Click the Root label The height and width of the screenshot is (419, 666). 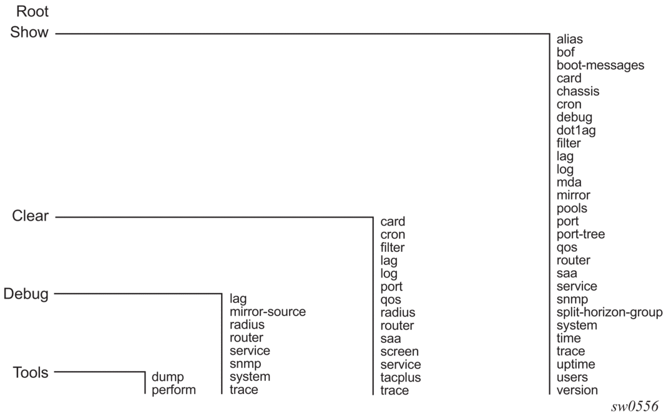pyautogui.click(x=32, y=11)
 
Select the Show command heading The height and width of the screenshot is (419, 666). pyautogui.click(x=29, y=32)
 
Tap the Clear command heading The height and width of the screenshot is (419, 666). pyautogui.click(x=30, y=216)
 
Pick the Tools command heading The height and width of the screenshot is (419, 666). pyautogui.click(x=31, y=372)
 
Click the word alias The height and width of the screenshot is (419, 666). pyautogui.click(x=570, y=39)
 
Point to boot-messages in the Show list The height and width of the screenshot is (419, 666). pyautogui.click(x=600, y=65)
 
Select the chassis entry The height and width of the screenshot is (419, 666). pyautogui.click(x=577, y=91)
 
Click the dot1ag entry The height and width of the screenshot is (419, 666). pyautogui.click(x=576, y=130)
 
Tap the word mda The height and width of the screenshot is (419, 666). pyautogui.click(x=569, y=182)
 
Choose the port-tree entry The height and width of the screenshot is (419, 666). pyautogui.click(x=580, y=234)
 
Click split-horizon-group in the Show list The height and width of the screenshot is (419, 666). pyautogui.click(x=609, y=312)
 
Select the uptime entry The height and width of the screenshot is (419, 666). pyautogui.click(x=575, y=364)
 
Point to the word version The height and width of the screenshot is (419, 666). pyautogui.click(x=577, y=390)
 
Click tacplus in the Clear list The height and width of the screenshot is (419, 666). pyautogui.click(x=401, y=377)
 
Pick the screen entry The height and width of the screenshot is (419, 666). pyautogui.click(x=399, y=352)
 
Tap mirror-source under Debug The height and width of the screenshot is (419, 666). pyautogui.click(x=268, y=312)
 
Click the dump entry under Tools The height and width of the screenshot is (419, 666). pyautogui.click(x=167, y=377)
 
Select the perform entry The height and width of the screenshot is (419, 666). pyautogui.click(x=174, y=390)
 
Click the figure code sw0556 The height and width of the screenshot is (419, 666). pyautogui.click(x=635, y=407)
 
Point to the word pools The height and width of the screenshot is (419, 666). pyautogui.click(x=572, y=208)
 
